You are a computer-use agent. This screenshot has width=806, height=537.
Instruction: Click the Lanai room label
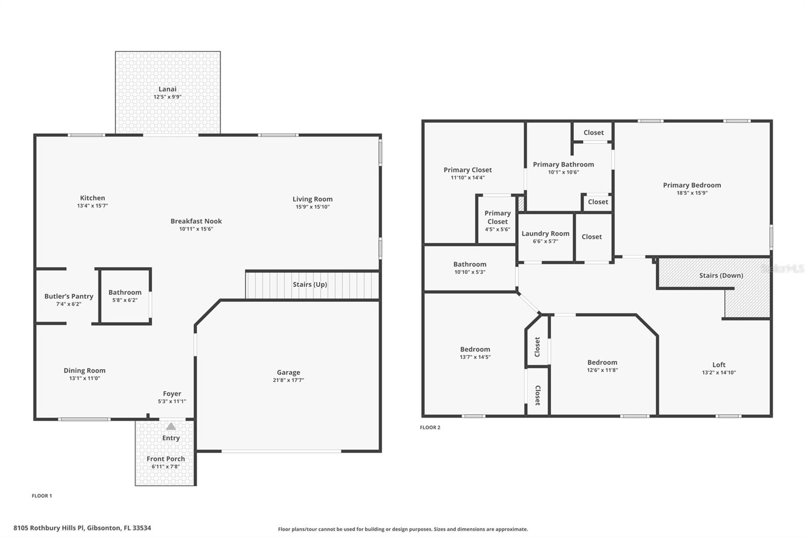click(167, 89)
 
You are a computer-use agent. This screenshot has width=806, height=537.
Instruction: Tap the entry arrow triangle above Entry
click(171, 427)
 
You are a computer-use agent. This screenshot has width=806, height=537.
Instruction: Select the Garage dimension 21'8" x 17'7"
click(288, 380)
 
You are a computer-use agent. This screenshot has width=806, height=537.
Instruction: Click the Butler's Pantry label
click(69, 296)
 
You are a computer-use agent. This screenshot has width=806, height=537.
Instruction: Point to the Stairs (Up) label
click(310, 285)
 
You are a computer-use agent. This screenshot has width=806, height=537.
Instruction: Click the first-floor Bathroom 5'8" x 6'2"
click(125, 296)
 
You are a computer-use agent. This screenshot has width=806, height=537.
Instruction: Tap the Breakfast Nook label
click(196, 221)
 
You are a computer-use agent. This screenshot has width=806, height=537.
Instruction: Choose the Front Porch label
click(166, 459)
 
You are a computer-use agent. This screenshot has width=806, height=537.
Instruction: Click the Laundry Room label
click(545, 234)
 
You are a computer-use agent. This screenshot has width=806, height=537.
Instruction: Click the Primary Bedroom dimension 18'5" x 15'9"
click(692, 193)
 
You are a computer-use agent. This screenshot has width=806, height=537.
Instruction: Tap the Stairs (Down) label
click(721, 276)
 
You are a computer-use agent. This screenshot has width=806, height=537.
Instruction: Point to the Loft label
click(719, 365)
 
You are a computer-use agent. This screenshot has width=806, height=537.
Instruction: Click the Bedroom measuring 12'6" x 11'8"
click(602, 366)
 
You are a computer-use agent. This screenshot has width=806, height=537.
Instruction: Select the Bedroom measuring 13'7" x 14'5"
click(475, 353)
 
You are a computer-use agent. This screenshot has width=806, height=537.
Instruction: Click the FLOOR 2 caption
click(430, 428)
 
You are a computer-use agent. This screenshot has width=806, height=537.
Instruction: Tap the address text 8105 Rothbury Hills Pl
click(82, 528)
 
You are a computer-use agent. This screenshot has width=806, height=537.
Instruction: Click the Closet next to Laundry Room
click(591, 237)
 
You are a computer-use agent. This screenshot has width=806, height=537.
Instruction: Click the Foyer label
click(172, 394)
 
